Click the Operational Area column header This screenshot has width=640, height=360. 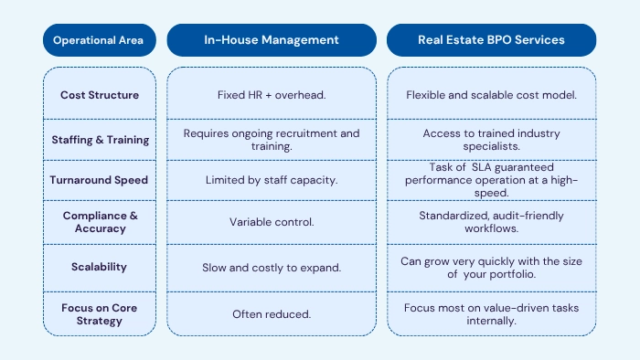(x=99, y=40)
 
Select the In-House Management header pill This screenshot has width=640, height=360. (x=271, y=40)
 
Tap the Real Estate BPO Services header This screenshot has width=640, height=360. (x=491, y=40)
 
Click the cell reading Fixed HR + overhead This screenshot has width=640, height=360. (x=272, y=94)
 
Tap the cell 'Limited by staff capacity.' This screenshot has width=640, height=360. (x=272, y=180)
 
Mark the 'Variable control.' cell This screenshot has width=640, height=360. (x=272, y=221)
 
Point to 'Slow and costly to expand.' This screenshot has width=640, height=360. (x=272, y=268)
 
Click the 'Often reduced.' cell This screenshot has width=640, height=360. (x=272, y=313)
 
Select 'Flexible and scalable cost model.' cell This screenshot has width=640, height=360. (x=492, y=94)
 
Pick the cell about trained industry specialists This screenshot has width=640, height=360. (x=492, y=140)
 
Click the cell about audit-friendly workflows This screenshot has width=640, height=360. (x=492, y=221)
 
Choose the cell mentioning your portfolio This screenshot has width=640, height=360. (x=492, y=267)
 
